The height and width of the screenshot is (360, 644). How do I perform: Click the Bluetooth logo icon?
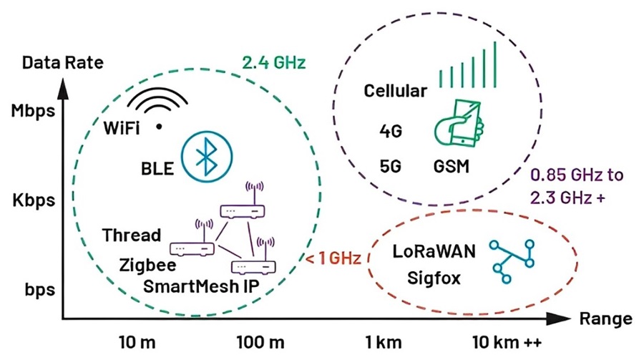point(207,157)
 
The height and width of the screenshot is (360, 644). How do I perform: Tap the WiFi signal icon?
point(157,109)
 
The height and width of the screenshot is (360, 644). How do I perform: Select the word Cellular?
point(395,91)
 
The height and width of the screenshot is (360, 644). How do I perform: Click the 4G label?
point(391,132)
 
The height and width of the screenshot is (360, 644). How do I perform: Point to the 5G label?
point(390,167)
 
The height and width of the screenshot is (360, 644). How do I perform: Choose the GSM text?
point(451,167)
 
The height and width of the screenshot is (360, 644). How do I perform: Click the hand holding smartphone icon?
point(459,122)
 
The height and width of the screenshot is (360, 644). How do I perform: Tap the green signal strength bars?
point(468,64)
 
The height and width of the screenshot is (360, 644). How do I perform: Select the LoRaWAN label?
point(434,251)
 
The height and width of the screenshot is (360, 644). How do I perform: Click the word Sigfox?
point(434,278)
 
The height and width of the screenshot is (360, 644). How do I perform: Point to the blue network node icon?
point(512,262)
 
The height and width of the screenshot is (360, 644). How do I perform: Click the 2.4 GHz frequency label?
point(274,62)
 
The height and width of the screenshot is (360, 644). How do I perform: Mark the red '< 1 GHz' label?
point(333,258)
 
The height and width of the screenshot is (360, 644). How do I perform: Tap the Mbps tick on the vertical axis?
point(33,112)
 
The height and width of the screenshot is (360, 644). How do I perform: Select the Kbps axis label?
point(34,200)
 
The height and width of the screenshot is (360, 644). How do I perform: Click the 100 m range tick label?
point(260,342)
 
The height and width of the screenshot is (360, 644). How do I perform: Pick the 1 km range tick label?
point(384,342)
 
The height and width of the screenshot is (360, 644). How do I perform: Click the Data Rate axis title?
point(63,62)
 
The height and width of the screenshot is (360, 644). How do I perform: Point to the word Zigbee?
point(148,266)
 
